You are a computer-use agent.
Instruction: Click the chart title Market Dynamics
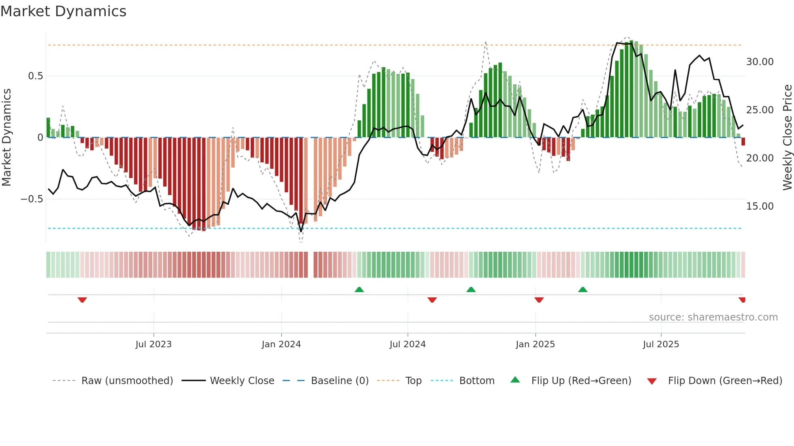click(63, 11)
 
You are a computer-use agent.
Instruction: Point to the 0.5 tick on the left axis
click(35, 76)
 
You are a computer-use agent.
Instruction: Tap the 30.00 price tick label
click(760, 62)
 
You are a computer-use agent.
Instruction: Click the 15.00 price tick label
click(760, 206)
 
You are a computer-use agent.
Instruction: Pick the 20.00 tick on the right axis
click(760, 158)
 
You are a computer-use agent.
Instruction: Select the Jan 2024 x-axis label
click(281, 344)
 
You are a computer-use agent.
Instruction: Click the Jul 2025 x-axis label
click(661, 344)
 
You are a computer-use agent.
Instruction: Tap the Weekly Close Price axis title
click(787, 137)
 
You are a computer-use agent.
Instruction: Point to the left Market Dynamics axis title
click(6, 137)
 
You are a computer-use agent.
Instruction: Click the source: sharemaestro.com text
click(713, 317)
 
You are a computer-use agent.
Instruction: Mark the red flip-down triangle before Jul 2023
click(82, 300)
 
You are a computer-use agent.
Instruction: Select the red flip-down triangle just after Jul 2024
click(432, 300)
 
